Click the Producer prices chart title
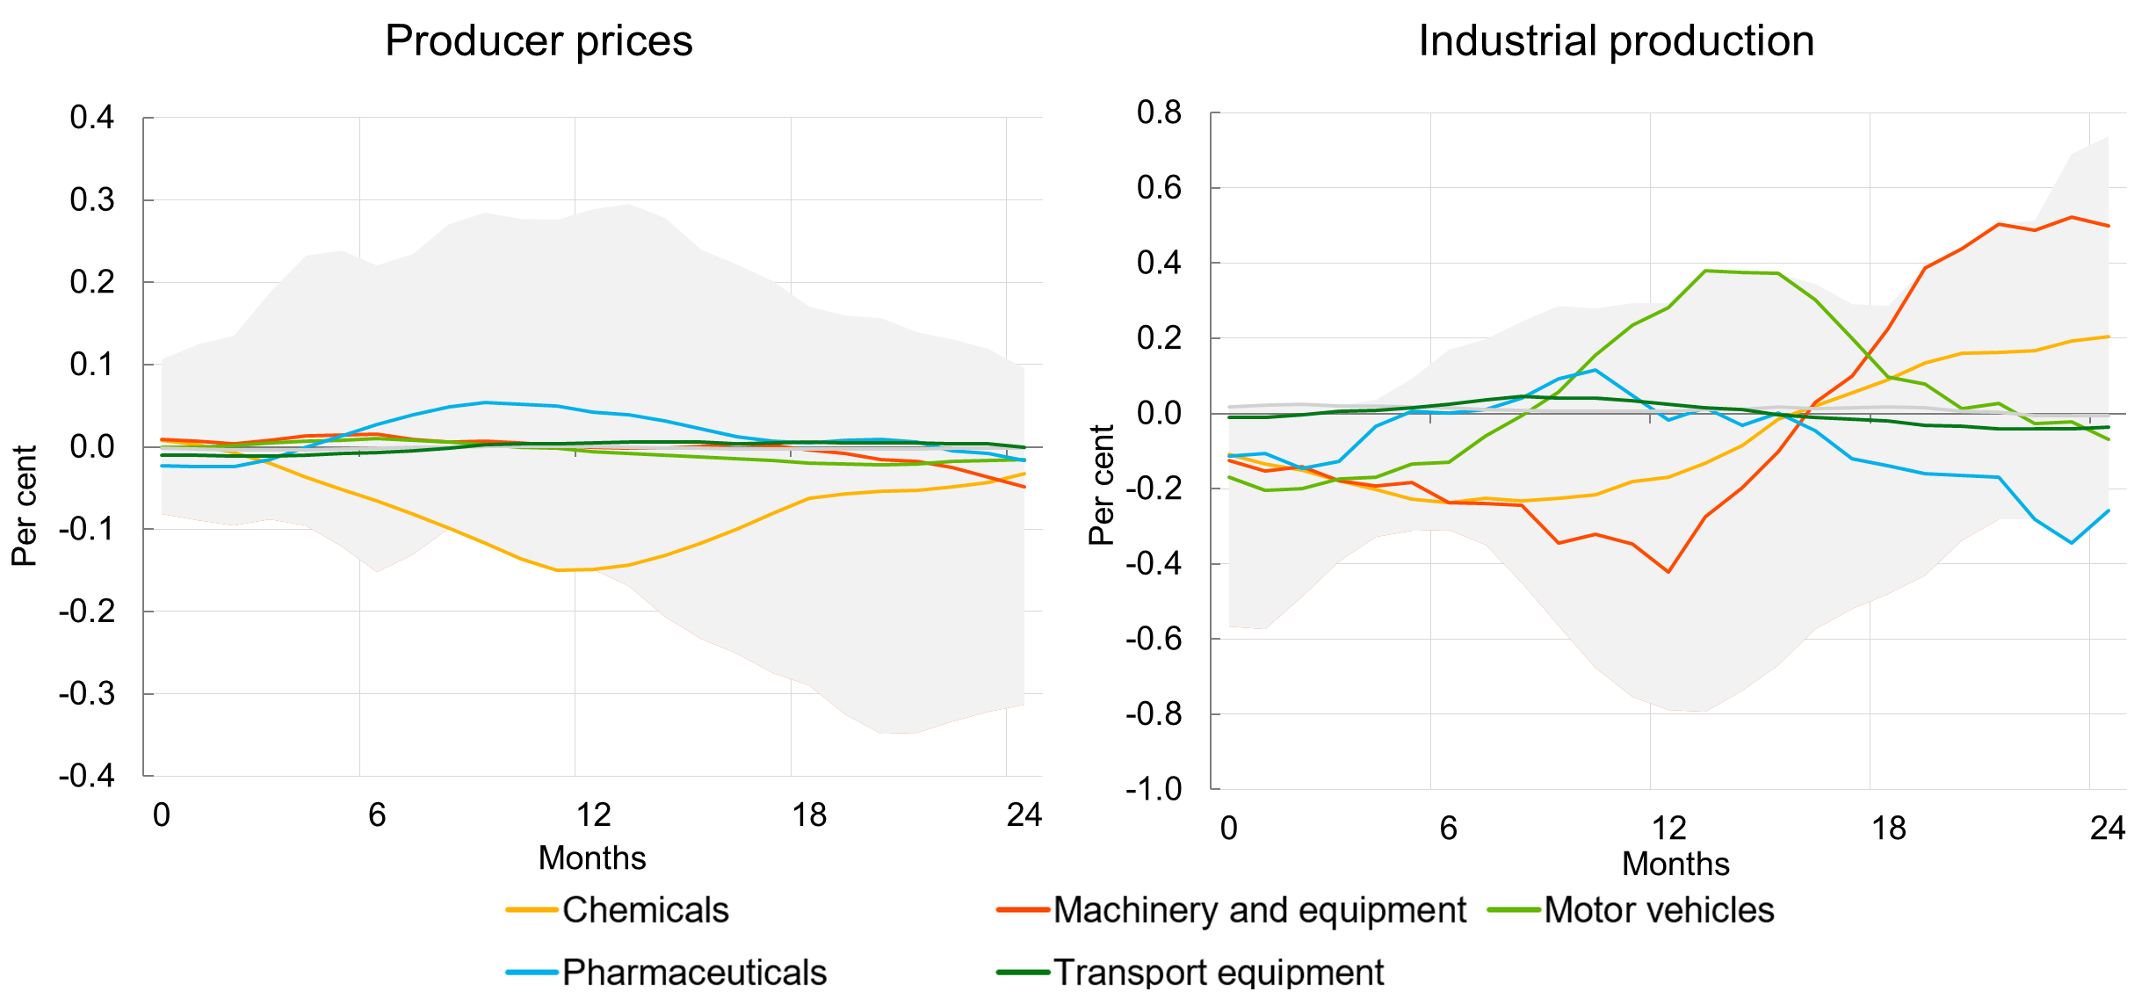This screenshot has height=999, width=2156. click(x=539, y=41)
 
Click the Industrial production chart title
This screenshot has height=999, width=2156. click(x=1616, y=41)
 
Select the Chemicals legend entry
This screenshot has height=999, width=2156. click(x=645, y=910)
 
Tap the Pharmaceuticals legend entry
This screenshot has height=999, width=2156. click(x=694, y=973)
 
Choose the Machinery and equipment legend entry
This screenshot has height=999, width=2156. click(x=1259, y=910)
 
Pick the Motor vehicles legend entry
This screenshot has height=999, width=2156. click(x=1659, y=910)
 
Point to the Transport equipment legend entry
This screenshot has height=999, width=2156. click(x=1218, y=973)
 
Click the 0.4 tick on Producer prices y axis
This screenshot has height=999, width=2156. click(x=92, y=117)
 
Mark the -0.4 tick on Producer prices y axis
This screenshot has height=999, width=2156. click(x=87, y=775)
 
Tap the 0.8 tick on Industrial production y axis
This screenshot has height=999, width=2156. click(x=1159, y=112)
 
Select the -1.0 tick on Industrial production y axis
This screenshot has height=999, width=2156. click(x=1154, y=788)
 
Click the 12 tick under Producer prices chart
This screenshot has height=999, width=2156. click(x=593, y=814)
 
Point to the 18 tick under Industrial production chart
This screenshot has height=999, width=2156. click(x=1888, y=828)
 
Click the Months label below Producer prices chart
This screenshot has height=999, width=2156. click(x=592, y=858)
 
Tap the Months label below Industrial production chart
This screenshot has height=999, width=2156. click(x=1675, y=864)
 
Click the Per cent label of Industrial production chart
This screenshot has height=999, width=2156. click(x=1101, y=485)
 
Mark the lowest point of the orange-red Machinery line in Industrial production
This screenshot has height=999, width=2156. click(x=1668, y=572)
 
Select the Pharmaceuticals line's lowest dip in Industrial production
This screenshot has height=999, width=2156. click(x=2072, y=543)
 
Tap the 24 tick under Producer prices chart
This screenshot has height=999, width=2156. click(x=1024, y=814)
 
